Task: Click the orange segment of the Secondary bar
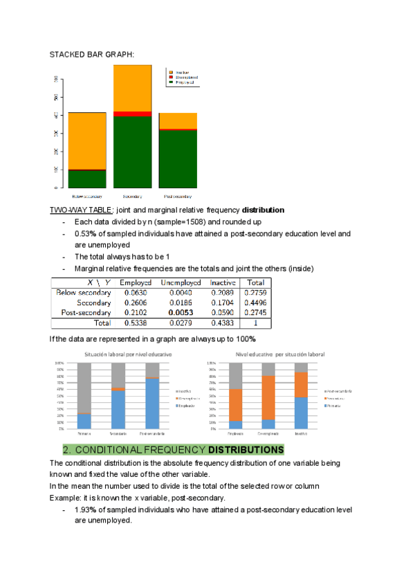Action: click(x=132, y=88)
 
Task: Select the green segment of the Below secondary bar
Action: click(x=87, y=179)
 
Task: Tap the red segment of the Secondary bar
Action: click(x=132, y=114)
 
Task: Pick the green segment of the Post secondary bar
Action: click(x=178, y=159)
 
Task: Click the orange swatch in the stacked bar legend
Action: click(x=171, y=72)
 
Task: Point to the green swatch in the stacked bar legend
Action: click(x=171, y=82)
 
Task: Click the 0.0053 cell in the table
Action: click(x=181, y=312)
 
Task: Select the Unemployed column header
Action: click(x=181, y=282)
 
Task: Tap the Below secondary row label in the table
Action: click(x=83, y=293)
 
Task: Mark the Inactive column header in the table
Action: click(x=222, y=282)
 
